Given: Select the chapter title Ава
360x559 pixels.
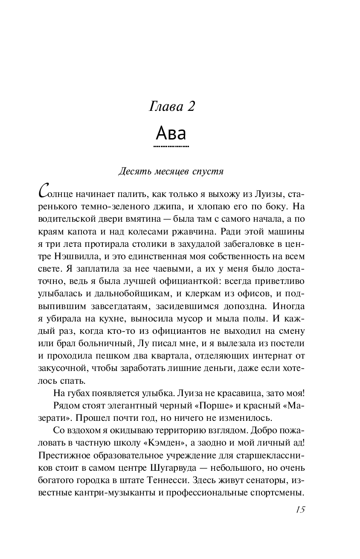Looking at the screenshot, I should coord(171,133).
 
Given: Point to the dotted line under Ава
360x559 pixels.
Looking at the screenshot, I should coord(171,146).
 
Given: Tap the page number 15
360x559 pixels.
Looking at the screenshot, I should coord(299,510).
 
